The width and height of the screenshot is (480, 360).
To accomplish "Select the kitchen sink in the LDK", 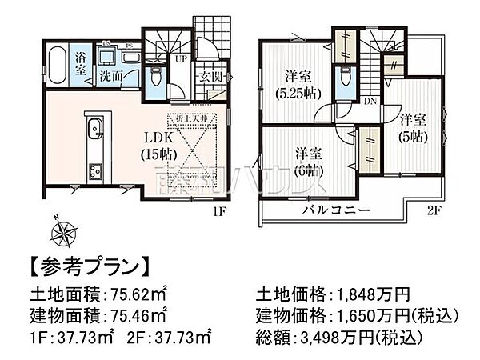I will point(93,127).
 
